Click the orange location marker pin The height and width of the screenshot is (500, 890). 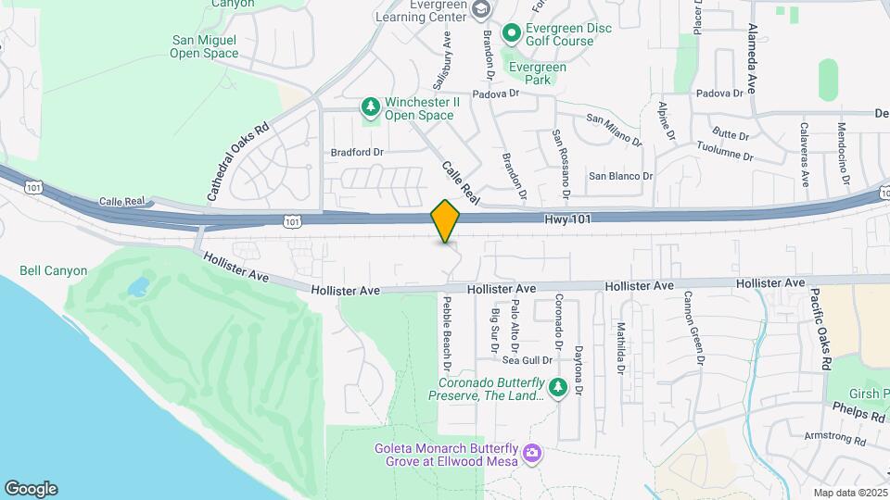[x=446, y=220]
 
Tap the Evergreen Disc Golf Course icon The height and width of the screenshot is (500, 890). [x=511, y=34]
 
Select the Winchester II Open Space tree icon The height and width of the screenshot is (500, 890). [x=371, y=108]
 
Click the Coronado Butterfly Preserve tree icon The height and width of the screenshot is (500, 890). [x=557, y=388]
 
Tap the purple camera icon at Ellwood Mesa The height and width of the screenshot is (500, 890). [x=531, y=453]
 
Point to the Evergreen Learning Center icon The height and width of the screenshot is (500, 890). [x=480, y=9]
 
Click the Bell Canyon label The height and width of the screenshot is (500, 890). [x=54, y=271]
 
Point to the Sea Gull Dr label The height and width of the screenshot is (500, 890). [x=528, y=360]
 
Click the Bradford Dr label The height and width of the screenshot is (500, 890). [x=357, y=152]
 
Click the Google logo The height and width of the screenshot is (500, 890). [x=31, y=489]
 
